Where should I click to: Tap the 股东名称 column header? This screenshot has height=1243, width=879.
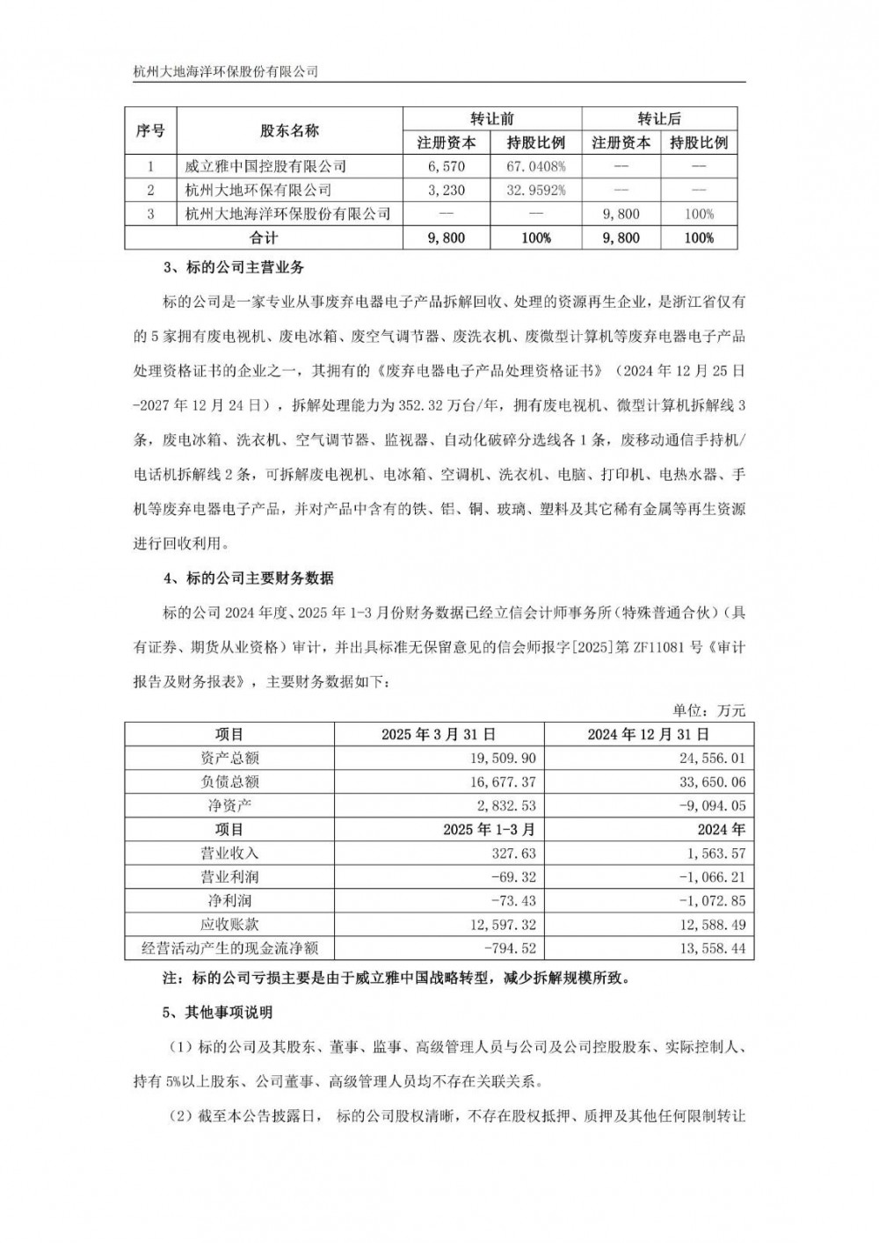pos(289,131)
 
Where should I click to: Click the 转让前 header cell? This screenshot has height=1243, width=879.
pos(491,119)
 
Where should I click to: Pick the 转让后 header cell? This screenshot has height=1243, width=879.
pos(659,119)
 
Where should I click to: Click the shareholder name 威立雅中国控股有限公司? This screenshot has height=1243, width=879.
pos(265,166)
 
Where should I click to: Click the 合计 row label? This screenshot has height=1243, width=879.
pos(264,237)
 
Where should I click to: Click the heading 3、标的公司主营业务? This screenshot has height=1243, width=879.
pos(233,267)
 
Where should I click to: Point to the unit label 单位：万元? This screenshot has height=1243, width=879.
pos(708,710)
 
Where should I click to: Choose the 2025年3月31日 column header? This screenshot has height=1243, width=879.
pos(439,734)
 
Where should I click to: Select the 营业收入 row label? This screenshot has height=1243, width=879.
pos(229,853)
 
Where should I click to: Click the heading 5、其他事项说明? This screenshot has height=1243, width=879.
pos(218,1012)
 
